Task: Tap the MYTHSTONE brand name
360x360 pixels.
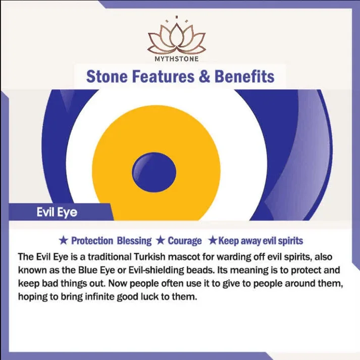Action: coord(177,59)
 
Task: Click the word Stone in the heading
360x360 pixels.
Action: coord(107,76)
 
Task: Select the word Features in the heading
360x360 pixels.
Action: coord(163,76)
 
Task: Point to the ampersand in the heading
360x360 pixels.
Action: coord(204,76)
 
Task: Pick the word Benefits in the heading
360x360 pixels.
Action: coord(244,76)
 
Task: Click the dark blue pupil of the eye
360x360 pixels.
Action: coord(154,172)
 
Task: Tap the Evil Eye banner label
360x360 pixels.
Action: coord(57,212)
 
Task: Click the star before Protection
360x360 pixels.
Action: coord(64,241)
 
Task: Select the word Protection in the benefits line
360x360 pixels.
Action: coord(92,241)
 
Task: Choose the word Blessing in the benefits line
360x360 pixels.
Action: coord(134,241)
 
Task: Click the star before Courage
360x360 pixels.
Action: coord(161,241)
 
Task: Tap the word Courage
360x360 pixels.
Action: coord(185,241)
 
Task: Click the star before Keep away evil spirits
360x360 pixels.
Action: coord(213,241)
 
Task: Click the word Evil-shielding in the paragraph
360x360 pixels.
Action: coord(156,270)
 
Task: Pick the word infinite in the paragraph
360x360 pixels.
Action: coord(99,296)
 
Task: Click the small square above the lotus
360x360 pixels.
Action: coord(177,17)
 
